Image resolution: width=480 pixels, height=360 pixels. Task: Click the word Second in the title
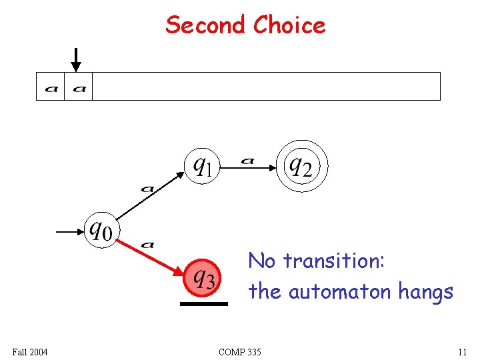[206, 25]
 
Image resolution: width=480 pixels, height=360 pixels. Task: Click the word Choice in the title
[289, 25]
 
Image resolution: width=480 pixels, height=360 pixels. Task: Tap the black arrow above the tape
[76, 59]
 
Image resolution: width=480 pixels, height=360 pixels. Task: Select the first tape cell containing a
[51, 87]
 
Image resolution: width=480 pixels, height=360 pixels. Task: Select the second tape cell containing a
[79, 87]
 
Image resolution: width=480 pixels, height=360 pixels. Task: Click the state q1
[203, 163]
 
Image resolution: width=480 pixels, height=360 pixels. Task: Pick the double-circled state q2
[299, 165]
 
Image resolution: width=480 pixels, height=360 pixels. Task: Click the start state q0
[101, 231]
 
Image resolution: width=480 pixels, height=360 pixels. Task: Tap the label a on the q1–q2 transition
[247, 160]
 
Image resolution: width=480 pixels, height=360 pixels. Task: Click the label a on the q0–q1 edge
[147, 189]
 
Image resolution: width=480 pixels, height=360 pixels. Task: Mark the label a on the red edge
[148, 245]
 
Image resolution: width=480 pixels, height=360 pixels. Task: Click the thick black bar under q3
[203, 304]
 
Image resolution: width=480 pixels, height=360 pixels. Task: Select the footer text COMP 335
[240, 351]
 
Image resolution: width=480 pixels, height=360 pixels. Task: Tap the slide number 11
[461, 351]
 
